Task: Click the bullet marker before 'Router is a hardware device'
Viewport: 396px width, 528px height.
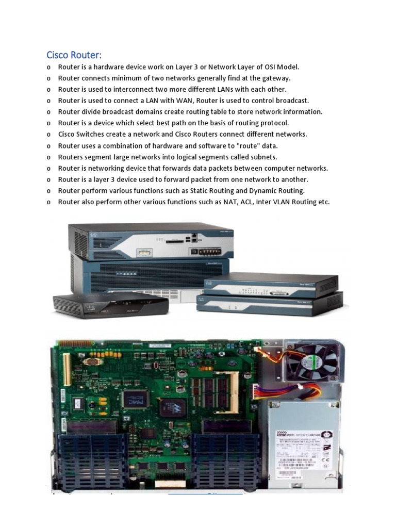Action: coord(48,68)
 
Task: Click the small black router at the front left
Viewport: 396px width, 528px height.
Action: coord(110,304)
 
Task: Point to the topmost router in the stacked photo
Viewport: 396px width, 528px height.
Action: coord(151,241)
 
